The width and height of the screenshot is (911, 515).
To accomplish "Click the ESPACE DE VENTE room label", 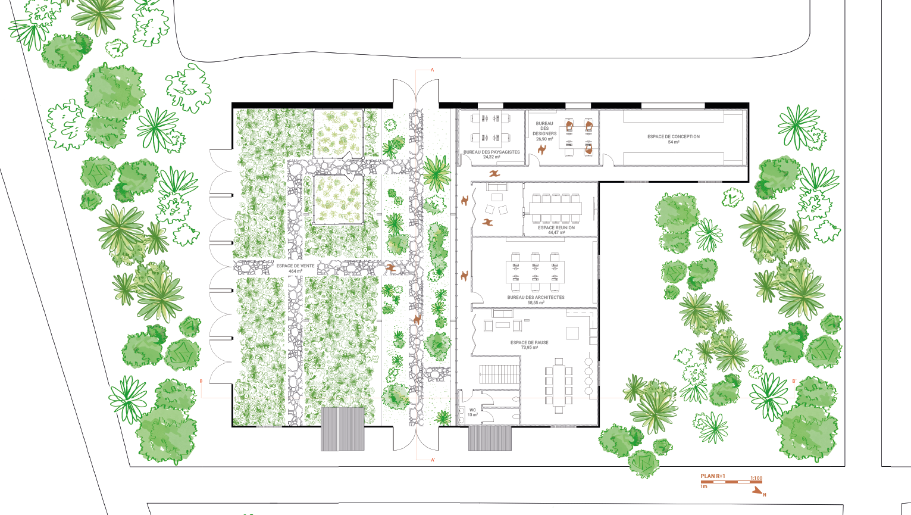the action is (296, 269).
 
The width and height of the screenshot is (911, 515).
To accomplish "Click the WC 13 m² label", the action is (472, 413).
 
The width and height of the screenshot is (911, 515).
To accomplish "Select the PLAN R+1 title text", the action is (712, 476).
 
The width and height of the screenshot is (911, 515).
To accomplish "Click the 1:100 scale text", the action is (756, 479).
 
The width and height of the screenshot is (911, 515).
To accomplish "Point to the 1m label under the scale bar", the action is (704, 486).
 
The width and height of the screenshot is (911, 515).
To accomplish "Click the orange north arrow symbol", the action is (757, 491).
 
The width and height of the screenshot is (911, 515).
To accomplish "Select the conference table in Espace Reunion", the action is (555, 209).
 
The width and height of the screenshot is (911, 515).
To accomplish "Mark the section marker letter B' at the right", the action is (794, 382).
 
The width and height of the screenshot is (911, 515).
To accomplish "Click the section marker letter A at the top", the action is (433, 70).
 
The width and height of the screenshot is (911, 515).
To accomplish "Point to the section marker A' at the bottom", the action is (433, 460).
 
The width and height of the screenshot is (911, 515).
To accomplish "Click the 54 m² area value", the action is (674, 142).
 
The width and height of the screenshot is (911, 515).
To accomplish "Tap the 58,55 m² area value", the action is (536, 302).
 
